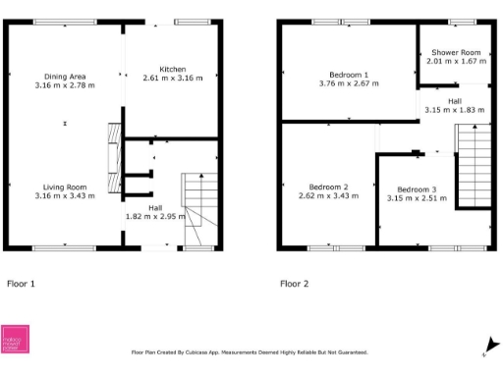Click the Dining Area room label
point(65,76)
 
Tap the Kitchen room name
point(173,69)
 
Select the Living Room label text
point(65,187)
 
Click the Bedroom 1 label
point(349,76)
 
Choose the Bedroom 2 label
point(329,187)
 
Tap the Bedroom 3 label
point(417,188)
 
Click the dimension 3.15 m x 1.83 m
point(455,110)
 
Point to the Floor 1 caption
point(22,284)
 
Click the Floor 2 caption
point(294,284)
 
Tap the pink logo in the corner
point(15,339)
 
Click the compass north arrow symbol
point(484,344)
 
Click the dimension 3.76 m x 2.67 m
point(349,84)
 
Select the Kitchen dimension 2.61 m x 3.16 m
point(173,78)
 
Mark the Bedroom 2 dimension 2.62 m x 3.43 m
point(329,195)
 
